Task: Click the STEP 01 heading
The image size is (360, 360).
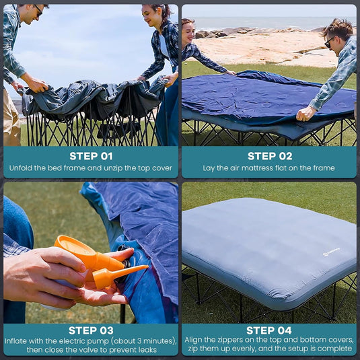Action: (90, 156)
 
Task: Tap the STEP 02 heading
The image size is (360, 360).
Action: (269, 156)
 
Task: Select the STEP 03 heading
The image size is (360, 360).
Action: (90, 330)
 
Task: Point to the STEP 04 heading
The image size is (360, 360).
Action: (269, 330)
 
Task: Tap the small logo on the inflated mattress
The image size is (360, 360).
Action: (330, 251)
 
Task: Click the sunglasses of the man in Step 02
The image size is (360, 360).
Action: (330, 42)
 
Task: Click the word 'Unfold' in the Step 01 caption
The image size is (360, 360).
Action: (22, 168)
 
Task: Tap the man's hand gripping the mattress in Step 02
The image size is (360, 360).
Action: (305, 113)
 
